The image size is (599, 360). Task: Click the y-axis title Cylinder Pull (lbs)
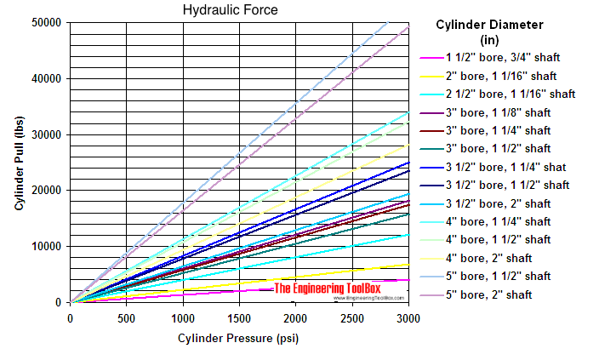click(18, 163)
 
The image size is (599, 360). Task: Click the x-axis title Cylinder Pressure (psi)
click(237, 338)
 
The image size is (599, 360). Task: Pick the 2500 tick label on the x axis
click(352, 317)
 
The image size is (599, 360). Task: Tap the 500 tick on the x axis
click(126, 317)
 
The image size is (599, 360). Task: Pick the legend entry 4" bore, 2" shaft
click(493, 257)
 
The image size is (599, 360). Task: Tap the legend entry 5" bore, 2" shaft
click(493, 294)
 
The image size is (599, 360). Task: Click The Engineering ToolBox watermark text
click(327, 289)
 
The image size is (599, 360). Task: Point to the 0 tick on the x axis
click(70, 317)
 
